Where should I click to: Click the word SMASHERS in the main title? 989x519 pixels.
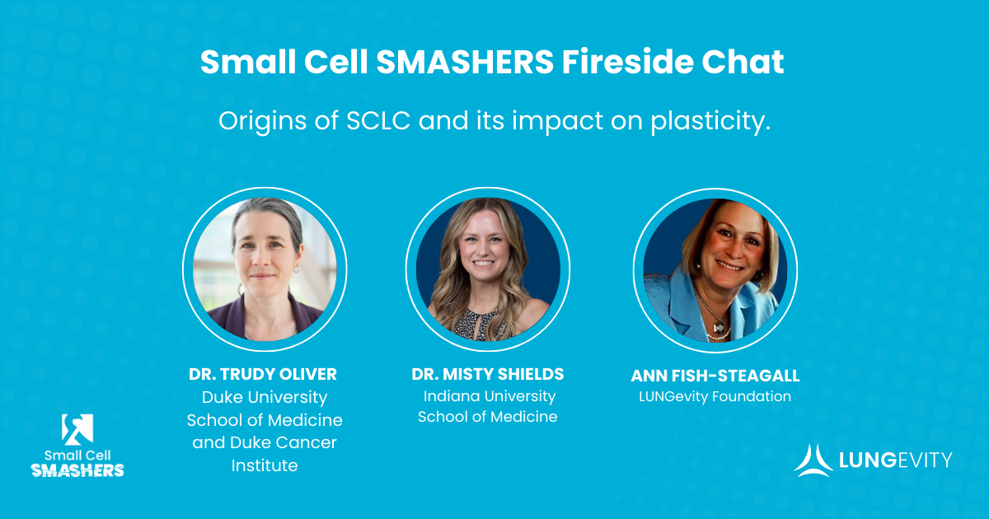pos(465,62)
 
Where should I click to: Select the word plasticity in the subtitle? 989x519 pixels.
pos(710,121)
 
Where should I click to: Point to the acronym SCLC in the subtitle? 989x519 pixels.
pos(378,120)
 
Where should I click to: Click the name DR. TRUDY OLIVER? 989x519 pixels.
pos(263,374)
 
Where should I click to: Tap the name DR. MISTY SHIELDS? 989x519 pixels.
pos(487,374)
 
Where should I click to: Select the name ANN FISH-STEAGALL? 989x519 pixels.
pos(715,376)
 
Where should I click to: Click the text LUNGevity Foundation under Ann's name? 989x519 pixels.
pos(715,396)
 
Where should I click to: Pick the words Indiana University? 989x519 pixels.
pos(490,396)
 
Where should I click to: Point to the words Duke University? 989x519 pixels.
pos(265,397)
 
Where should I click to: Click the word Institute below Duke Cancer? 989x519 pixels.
pos(265,465)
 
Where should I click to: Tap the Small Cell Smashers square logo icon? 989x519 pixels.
pos(77,429)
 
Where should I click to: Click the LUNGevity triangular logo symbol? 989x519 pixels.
pos(813,461)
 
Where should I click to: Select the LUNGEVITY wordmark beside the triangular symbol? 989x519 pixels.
pos(895,461)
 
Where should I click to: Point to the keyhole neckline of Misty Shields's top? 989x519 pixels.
pos(480,325)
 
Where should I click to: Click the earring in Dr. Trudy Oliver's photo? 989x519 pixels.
pos(296,269)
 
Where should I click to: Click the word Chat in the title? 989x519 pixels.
pos(743,62)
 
